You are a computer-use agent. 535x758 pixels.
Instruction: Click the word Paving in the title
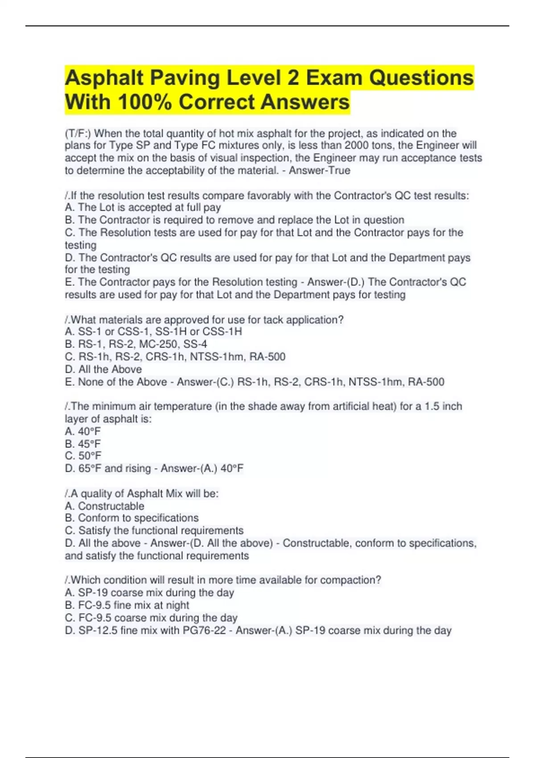185,78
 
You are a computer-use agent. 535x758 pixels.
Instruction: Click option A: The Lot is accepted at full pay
143,207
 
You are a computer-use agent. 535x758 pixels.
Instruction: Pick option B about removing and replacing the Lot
235,220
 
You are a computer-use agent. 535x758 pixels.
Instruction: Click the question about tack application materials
204,320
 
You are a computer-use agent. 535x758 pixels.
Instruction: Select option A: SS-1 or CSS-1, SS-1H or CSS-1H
153,331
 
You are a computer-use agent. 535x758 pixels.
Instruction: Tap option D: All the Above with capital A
103,369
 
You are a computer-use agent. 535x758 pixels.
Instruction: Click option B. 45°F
83,444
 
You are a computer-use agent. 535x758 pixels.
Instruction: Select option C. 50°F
83,456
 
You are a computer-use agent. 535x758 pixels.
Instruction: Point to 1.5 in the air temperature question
432,406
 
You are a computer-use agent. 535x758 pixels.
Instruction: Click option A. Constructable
105,506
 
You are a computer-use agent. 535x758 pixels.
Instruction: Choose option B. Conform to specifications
132,518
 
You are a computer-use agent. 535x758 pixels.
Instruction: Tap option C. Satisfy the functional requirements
154,531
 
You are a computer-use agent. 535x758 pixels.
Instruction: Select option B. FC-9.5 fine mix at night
127,605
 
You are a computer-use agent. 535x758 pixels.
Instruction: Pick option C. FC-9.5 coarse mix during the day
151,618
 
